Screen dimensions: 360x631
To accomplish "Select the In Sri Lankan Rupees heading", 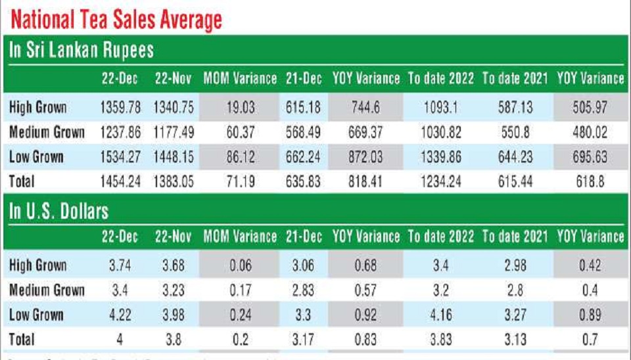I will [x=82, y=51].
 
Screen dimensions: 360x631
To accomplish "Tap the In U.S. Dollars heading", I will [x=58, y=212].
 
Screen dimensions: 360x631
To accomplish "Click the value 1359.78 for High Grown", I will [x=120, y=107].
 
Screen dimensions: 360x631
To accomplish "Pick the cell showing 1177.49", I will [x=174, y=132].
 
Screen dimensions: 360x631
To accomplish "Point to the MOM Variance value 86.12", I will [x=240, y=157].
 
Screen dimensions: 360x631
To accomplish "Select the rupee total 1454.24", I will [x=120, y=181].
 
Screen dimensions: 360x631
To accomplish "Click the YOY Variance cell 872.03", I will [x=366, y=157].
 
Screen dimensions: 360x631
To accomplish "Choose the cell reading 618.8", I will [x=590, y=181].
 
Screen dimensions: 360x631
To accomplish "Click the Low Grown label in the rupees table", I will [x=37, y=157].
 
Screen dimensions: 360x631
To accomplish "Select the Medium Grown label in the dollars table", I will [x=47, y=290].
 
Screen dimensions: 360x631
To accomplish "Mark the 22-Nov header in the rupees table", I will [x=174, y=79].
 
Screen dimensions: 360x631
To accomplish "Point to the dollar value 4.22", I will [x=120, y=315].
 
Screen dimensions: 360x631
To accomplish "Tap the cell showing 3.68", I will [x=174, y=265].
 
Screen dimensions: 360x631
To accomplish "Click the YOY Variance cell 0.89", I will [x=590, y=315].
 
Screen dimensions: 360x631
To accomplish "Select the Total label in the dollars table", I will [x=22, y=340].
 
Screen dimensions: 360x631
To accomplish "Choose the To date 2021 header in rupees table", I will [x=515, y=79].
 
